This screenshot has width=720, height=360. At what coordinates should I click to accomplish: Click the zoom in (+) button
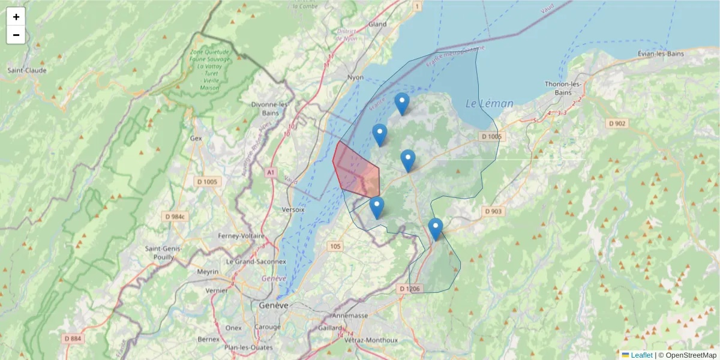(16, 17)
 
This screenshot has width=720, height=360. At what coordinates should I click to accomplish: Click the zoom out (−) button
(16, 35)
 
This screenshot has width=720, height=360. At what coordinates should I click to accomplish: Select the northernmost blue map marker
(402, 104)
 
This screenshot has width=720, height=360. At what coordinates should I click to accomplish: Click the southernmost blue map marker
(436, 229)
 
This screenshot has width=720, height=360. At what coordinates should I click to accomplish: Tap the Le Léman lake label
(490, 104)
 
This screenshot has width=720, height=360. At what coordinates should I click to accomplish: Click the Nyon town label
(356, 77)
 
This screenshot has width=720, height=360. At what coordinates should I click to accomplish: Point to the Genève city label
(274, 305)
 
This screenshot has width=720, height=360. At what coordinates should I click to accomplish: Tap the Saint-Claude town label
(26, 70)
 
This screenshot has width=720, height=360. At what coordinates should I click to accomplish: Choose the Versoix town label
(293, 210)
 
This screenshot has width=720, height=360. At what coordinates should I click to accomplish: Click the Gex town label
(196, 137)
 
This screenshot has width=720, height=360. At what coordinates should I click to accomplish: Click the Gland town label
(377, 25)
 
